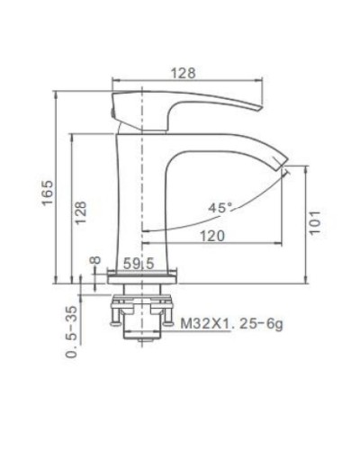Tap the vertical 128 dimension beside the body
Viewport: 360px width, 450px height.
(82, 211)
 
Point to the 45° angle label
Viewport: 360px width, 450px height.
(220, 208)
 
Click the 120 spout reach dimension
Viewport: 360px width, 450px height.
(212, 236)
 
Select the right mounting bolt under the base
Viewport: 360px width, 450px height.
(168, 313)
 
